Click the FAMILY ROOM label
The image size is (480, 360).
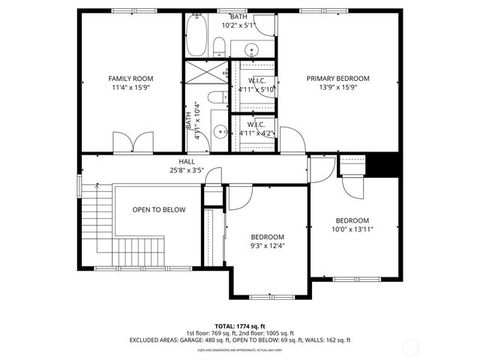coord(130,78)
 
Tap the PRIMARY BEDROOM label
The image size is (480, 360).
coord(337,78)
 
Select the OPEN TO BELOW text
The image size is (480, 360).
coord(159,209)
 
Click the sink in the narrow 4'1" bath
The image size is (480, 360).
coord(219,131)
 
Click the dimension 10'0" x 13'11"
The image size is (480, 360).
coord(352,229)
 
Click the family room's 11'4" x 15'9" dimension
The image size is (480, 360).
coord(130,87)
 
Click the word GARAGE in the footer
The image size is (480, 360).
coord(193,340)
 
